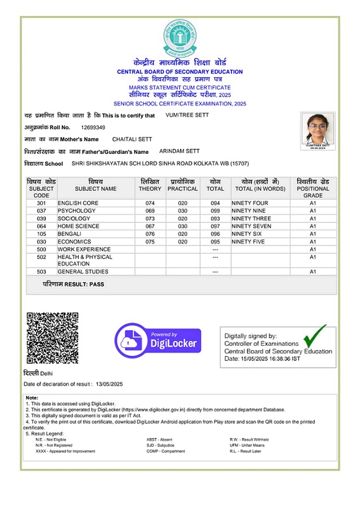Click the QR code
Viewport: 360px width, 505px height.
pos(52,337)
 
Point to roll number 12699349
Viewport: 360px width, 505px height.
pos(93,127)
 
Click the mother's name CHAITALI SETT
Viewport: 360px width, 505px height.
pos(132,139)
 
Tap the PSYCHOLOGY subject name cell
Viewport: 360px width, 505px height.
pos(77,211)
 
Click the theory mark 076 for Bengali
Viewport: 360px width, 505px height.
pos(150,234)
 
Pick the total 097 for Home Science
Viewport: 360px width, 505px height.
pos(215,226)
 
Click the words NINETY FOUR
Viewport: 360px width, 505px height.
pos(251,203)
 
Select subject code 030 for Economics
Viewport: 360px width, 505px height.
pos(41,242)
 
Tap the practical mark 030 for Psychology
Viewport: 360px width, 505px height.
pos(182,211)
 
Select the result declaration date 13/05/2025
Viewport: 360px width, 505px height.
pos(110,384)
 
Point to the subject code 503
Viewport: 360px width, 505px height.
pos(41,272)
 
